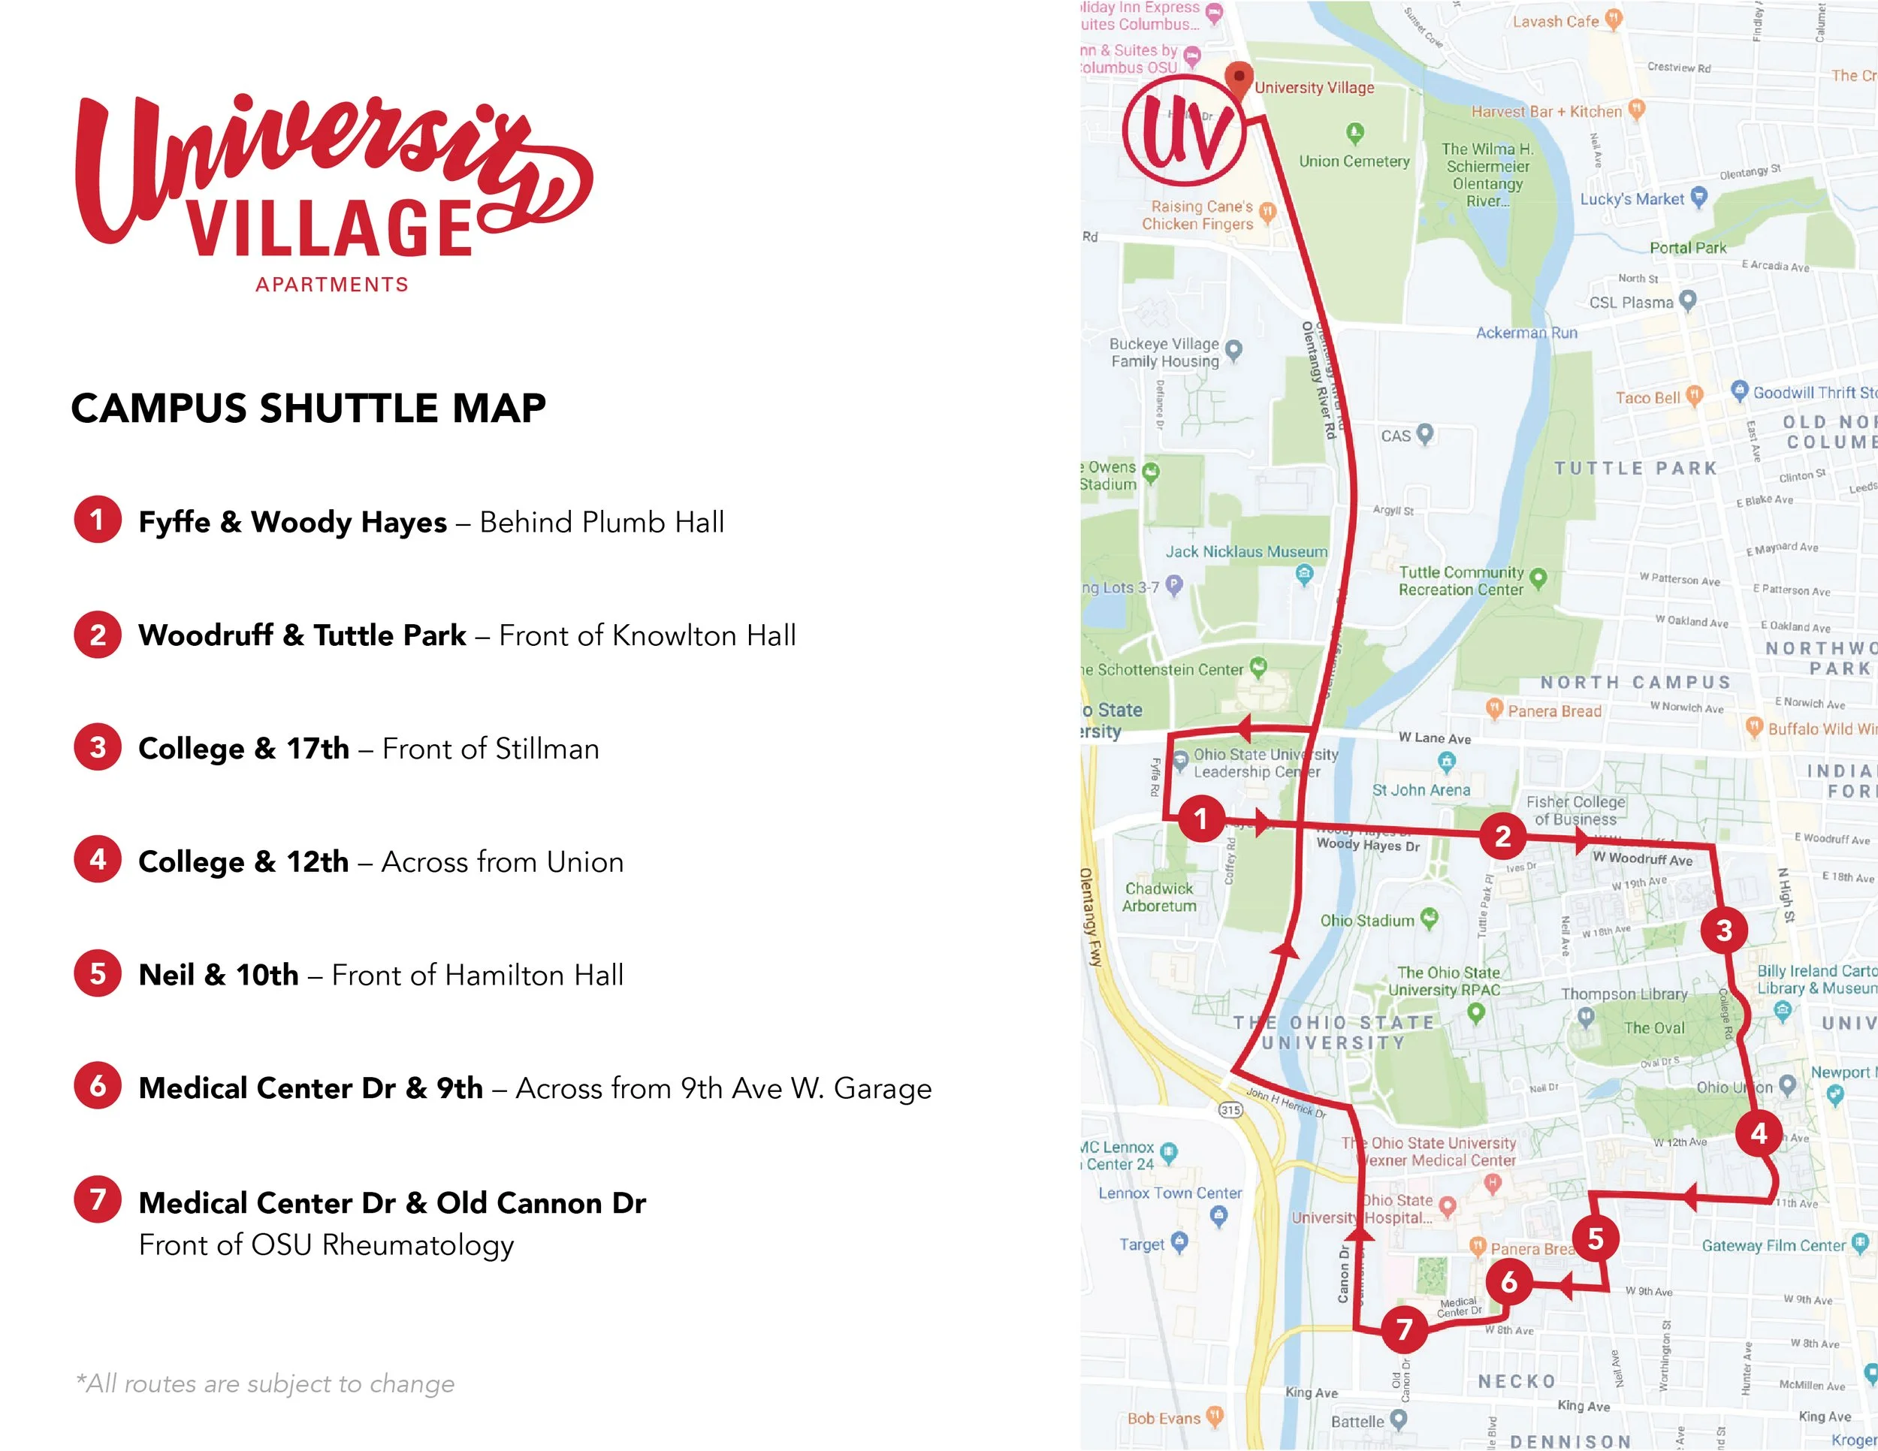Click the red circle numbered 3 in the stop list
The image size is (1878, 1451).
pos(97,747)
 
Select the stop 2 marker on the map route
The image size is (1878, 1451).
pos(1502,836)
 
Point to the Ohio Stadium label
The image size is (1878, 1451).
pos(1367,921)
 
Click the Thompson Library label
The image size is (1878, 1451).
pos(1624,994)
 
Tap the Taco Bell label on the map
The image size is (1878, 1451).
pos(1647,398)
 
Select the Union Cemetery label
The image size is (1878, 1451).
pos(1354,161)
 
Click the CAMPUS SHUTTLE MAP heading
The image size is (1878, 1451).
pos(308,409)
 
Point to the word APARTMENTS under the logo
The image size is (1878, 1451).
pos(332,285)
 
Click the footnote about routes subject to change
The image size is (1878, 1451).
pos(265,1383)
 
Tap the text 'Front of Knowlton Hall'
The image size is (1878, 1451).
pos(647,635)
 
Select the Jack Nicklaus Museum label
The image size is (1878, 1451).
pos(1246,552)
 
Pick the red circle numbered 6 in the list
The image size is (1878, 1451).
pos(97,1086)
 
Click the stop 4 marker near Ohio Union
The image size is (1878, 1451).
pos(1759,1134)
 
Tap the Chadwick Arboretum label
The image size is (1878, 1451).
pos(1158,897)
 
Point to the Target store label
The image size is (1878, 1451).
pos(1142,1244)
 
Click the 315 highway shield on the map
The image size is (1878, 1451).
pos(1230,1110)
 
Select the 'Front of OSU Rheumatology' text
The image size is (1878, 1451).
pos(327,1244)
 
